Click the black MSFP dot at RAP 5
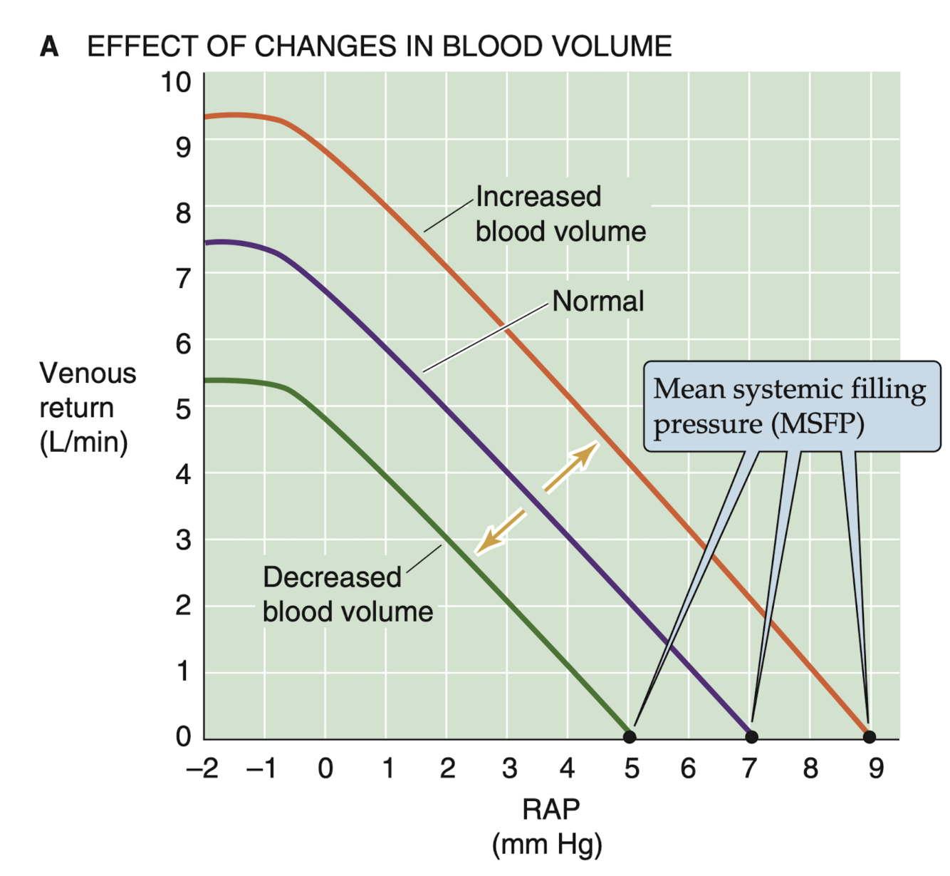tap(630, 736)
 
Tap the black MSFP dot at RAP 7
tap(751, 736)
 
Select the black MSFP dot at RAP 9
tap(869, 736)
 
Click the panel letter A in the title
tap(49, 47)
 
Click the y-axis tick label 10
tap(176, 82)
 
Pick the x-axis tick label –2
tap(202, 768)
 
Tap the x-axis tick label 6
tap(688, 768)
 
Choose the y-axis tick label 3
tap(183, 540)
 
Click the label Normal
tap(597, 302)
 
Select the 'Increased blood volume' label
tap(560, 214)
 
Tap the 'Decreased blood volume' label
tap(348, 594)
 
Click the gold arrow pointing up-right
tap(571, 466)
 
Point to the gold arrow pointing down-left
tap(501, 531)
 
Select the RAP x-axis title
tap(550, 810)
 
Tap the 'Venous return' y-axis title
tap(88, 390)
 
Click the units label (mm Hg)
tap(547, 845)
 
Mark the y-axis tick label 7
tap(183, 278)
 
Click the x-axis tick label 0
tap(325, 768)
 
